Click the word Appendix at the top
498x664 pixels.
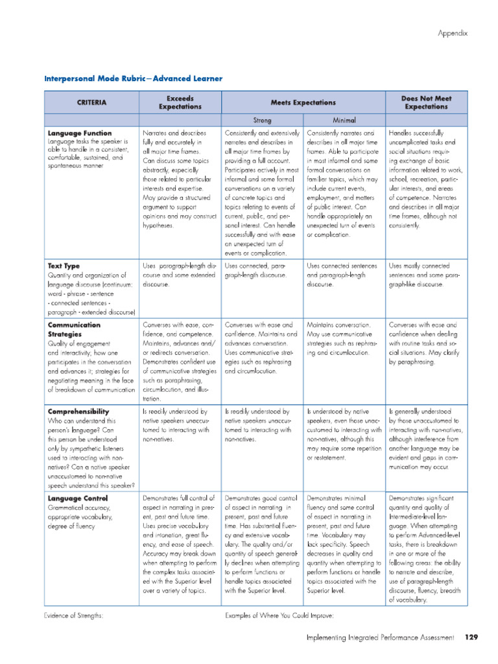(x=452, y=32)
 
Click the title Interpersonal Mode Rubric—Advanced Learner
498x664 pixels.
(x=133, y=78)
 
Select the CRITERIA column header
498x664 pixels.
(x=91, y=102)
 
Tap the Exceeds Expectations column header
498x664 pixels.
(x=180, y=102)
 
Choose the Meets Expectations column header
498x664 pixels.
(x=303, y=102)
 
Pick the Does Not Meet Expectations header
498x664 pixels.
(x=426, y=102)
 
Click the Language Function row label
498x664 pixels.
(x=79, y=133)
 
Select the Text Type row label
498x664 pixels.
(x=64, y=266)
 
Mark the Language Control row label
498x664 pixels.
(x=77, y=498)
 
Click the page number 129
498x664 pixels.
(x=471, y=638)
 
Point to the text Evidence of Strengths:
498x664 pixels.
(x=74, y=615)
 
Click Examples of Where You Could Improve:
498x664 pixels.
(x=279, y=615)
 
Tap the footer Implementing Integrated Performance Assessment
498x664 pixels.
(x=380, y=638)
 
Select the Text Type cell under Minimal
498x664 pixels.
(x=343, y=275)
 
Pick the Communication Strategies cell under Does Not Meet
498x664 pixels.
(x=425, y=343)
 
